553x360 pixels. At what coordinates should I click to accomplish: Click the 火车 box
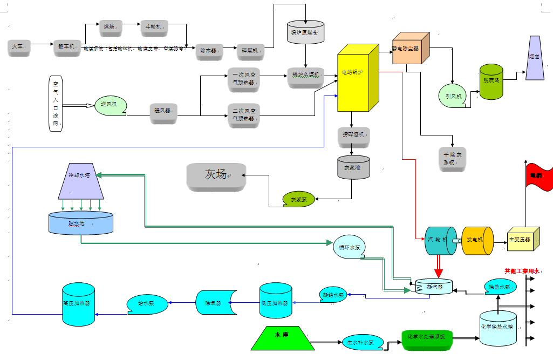click(19, 47)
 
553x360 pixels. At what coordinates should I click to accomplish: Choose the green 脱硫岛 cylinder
click(491, 81)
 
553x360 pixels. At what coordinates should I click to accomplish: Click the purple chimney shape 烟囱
click(534, 59)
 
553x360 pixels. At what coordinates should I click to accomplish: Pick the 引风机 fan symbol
click(453, 96)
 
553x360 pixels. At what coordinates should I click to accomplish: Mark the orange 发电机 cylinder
click(477, 240)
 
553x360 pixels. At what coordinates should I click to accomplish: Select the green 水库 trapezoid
click(282, 338)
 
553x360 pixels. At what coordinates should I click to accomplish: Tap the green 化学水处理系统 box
click(427, 338)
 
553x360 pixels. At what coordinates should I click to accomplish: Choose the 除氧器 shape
click(215, 303)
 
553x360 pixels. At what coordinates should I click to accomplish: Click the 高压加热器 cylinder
click(78, 304)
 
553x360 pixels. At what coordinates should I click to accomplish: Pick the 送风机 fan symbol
click(111, 106)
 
